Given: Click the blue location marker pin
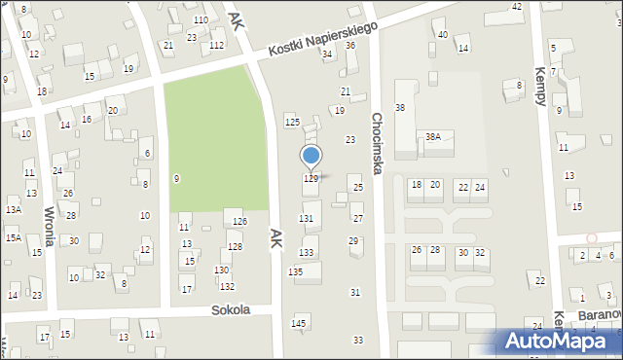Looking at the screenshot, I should pyautogui.click(x=311, y=156).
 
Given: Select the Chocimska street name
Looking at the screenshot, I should pyautogui.click(x=378, y=142).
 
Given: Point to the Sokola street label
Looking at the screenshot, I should pyautogui.click(x=231, y=310).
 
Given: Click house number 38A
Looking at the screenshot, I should pyautogui.click(x=432, y=137).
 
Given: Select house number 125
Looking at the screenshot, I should pyautogui.click(x=292, y=122).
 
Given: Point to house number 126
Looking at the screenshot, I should pyautogui.click(x=239, y=222).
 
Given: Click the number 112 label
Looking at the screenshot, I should pyautogui.click(x=216, y=46).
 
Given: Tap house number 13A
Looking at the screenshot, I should pyautogui.click(x=13, y=209).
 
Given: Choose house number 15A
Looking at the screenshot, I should pyautogui.click(x=13, y=237).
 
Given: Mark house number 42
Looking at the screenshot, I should pyautogui.click(x=517, y=7).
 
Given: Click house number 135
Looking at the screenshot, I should pyautogui.click(x=295, y=271).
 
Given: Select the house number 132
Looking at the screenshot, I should pyautogui.click(x=227, y=286).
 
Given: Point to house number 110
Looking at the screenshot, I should pyautogui.click(x=200, y=20).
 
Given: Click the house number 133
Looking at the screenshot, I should pyautogui.click(x=307, y=253).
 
